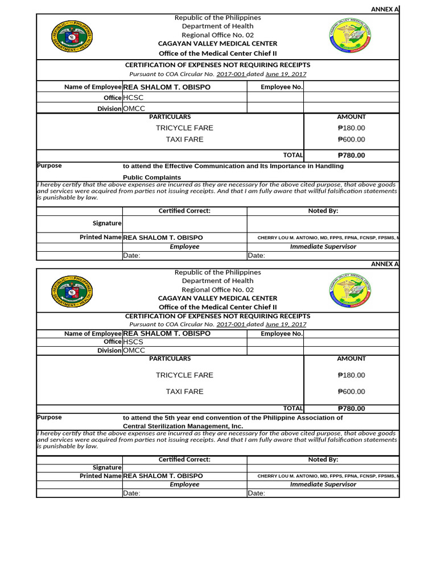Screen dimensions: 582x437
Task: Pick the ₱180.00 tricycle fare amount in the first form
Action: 351,128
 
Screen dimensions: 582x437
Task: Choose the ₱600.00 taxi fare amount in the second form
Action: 351,392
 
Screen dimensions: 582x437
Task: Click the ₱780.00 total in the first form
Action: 351,155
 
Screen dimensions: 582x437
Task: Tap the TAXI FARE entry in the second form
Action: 184,392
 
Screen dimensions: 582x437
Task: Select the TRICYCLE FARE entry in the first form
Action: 184,128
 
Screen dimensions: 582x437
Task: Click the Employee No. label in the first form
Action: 281,87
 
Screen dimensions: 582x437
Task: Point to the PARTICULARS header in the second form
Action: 170,359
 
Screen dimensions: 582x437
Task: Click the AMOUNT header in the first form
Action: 351,117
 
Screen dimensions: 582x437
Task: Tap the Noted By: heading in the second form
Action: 323,459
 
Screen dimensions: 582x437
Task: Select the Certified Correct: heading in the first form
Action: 184,211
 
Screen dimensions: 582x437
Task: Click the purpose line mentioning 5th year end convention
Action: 233,417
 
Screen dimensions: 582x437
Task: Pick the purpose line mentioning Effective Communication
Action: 233,166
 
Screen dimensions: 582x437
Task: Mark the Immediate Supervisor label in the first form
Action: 323,247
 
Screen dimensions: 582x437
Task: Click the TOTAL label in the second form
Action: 293,408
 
